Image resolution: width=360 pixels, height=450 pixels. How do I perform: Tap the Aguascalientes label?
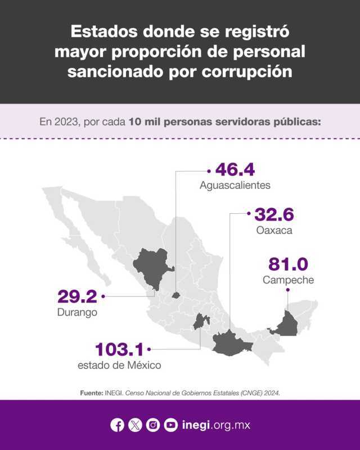coord(235,185)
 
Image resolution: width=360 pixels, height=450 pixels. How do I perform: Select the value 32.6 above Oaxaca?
coord(274,214)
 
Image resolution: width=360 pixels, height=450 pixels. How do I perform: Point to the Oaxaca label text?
coord(274,230)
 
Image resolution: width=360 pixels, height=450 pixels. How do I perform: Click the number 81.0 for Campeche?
coord(289,264)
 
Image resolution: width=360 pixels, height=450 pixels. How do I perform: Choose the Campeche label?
coord(288,280)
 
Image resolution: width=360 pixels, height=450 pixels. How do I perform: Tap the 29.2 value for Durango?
coord(78,296)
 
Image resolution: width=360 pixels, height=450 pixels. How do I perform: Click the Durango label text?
coord(78,312)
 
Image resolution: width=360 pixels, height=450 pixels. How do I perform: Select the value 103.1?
coord(119,349)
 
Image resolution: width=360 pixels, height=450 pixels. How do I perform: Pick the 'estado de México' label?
coord(119,365)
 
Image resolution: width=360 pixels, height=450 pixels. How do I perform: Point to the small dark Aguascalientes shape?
coord(176,294)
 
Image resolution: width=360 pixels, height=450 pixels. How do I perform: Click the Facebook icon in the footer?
coord(118,425)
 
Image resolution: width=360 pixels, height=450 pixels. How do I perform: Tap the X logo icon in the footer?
coord(135,425)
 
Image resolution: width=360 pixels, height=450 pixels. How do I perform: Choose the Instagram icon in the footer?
coord(153,425)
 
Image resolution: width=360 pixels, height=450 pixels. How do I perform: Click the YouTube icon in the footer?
coord(171,425)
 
